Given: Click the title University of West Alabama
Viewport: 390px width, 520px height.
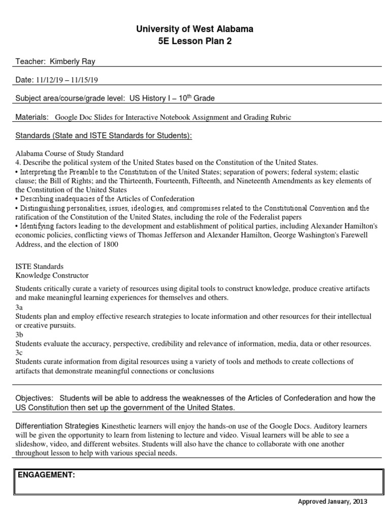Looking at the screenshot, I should (x=195, y=29).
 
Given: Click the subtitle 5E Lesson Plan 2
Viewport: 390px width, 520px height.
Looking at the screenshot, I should (x=195, y=42).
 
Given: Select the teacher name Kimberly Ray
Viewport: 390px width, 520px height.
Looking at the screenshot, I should (x=73, y=61).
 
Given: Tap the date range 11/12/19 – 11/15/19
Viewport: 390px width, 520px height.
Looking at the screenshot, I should (x=71, y=80).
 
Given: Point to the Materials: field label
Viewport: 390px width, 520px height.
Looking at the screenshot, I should (x=32, y=117).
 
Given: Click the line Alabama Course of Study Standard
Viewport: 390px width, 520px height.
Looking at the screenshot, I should (x=69, y=153).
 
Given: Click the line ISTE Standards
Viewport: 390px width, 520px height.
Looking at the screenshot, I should (x=40, y=266).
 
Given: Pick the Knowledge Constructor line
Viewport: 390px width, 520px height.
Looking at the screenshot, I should (x=52, y=275).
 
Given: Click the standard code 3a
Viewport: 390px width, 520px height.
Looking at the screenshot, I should (x=19, y=307).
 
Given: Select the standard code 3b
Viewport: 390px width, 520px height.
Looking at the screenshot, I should (x=19, y=335).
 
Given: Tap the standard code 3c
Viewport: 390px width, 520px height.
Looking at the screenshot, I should (x=19, y=352).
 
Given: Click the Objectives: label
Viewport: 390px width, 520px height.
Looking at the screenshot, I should (x=34, y=398).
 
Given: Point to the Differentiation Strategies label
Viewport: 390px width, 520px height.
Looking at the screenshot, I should (x=58, y=426).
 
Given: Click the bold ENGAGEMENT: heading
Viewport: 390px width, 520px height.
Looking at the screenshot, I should (x=47, y=475).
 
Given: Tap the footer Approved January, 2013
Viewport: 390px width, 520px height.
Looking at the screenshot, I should (x=332, y=502).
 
